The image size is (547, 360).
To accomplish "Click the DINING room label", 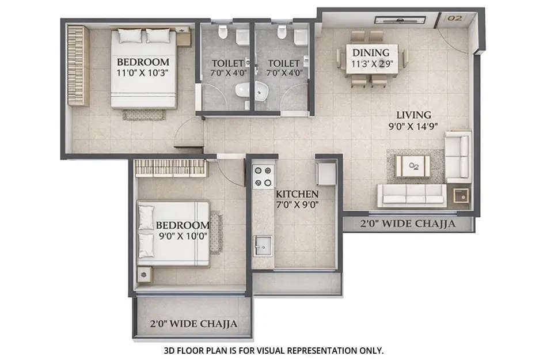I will tap(371, 53).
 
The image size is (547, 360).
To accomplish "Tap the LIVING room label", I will tap(409, 115).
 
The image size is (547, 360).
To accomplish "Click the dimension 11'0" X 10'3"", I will tap(143, 73).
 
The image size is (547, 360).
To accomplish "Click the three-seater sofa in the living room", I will tap(411, 195).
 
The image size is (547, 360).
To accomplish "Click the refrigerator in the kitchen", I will tap(326, 173).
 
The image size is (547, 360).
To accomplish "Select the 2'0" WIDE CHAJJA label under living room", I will tap(408, 223).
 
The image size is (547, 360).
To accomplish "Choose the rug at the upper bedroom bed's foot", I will tap(143, 115).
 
